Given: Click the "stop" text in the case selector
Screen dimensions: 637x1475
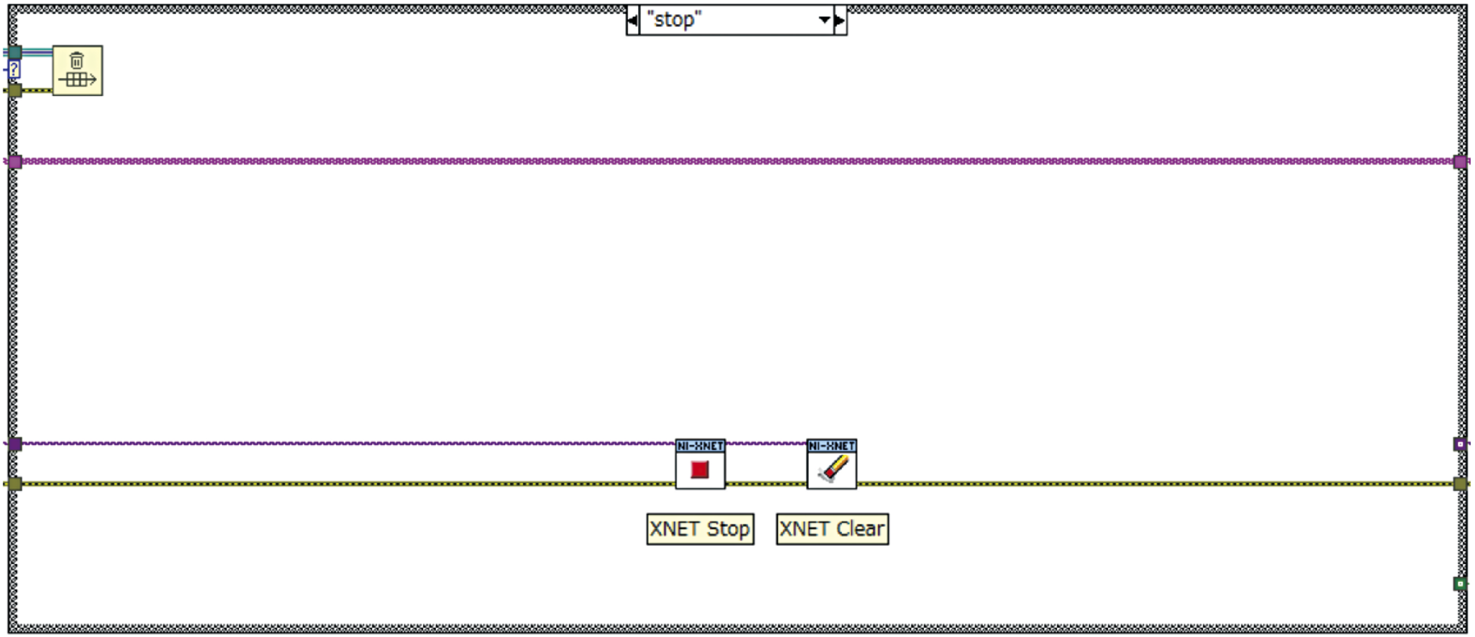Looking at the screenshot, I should (x=674, y=20).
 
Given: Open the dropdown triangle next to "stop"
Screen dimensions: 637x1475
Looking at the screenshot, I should (x=824, y=20).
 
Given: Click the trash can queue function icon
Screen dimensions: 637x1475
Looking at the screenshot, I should (x=77, y=71).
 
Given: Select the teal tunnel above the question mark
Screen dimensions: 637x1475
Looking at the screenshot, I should (x=15, y=52).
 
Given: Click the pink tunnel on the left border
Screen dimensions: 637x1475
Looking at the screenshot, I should (x=15, y=161).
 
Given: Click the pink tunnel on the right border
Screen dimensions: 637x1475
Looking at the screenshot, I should (x=1460, y=161).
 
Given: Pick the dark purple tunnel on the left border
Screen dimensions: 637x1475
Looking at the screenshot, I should (x=15, y=444).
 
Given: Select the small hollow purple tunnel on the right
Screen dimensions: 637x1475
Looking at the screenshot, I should (x=1460, y=444).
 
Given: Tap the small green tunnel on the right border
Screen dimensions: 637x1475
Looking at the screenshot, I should (x=1460, y=584).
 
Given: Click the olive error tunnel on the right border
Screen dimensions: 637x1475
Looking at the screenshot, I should (x=1460, y=484).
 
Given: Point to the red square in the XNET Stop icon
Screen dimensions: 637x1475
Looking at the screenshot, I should (x=699, y=470).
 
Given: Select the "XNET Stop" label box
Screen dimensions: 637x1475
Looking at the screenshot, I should (x=700, y=529).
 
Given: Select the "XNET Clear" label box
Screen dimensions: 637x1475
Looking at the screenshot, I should (x=832, y=529).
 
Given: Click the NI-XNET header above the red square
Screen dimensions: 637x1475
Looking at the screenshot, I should (x=700, y=446).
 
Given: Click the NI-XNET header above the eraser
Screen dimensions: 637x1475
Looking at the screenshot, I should (x=831, y=446).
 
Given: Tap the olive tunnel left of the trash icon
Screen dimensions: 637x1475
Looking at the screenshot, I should (x=15, y=90).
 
